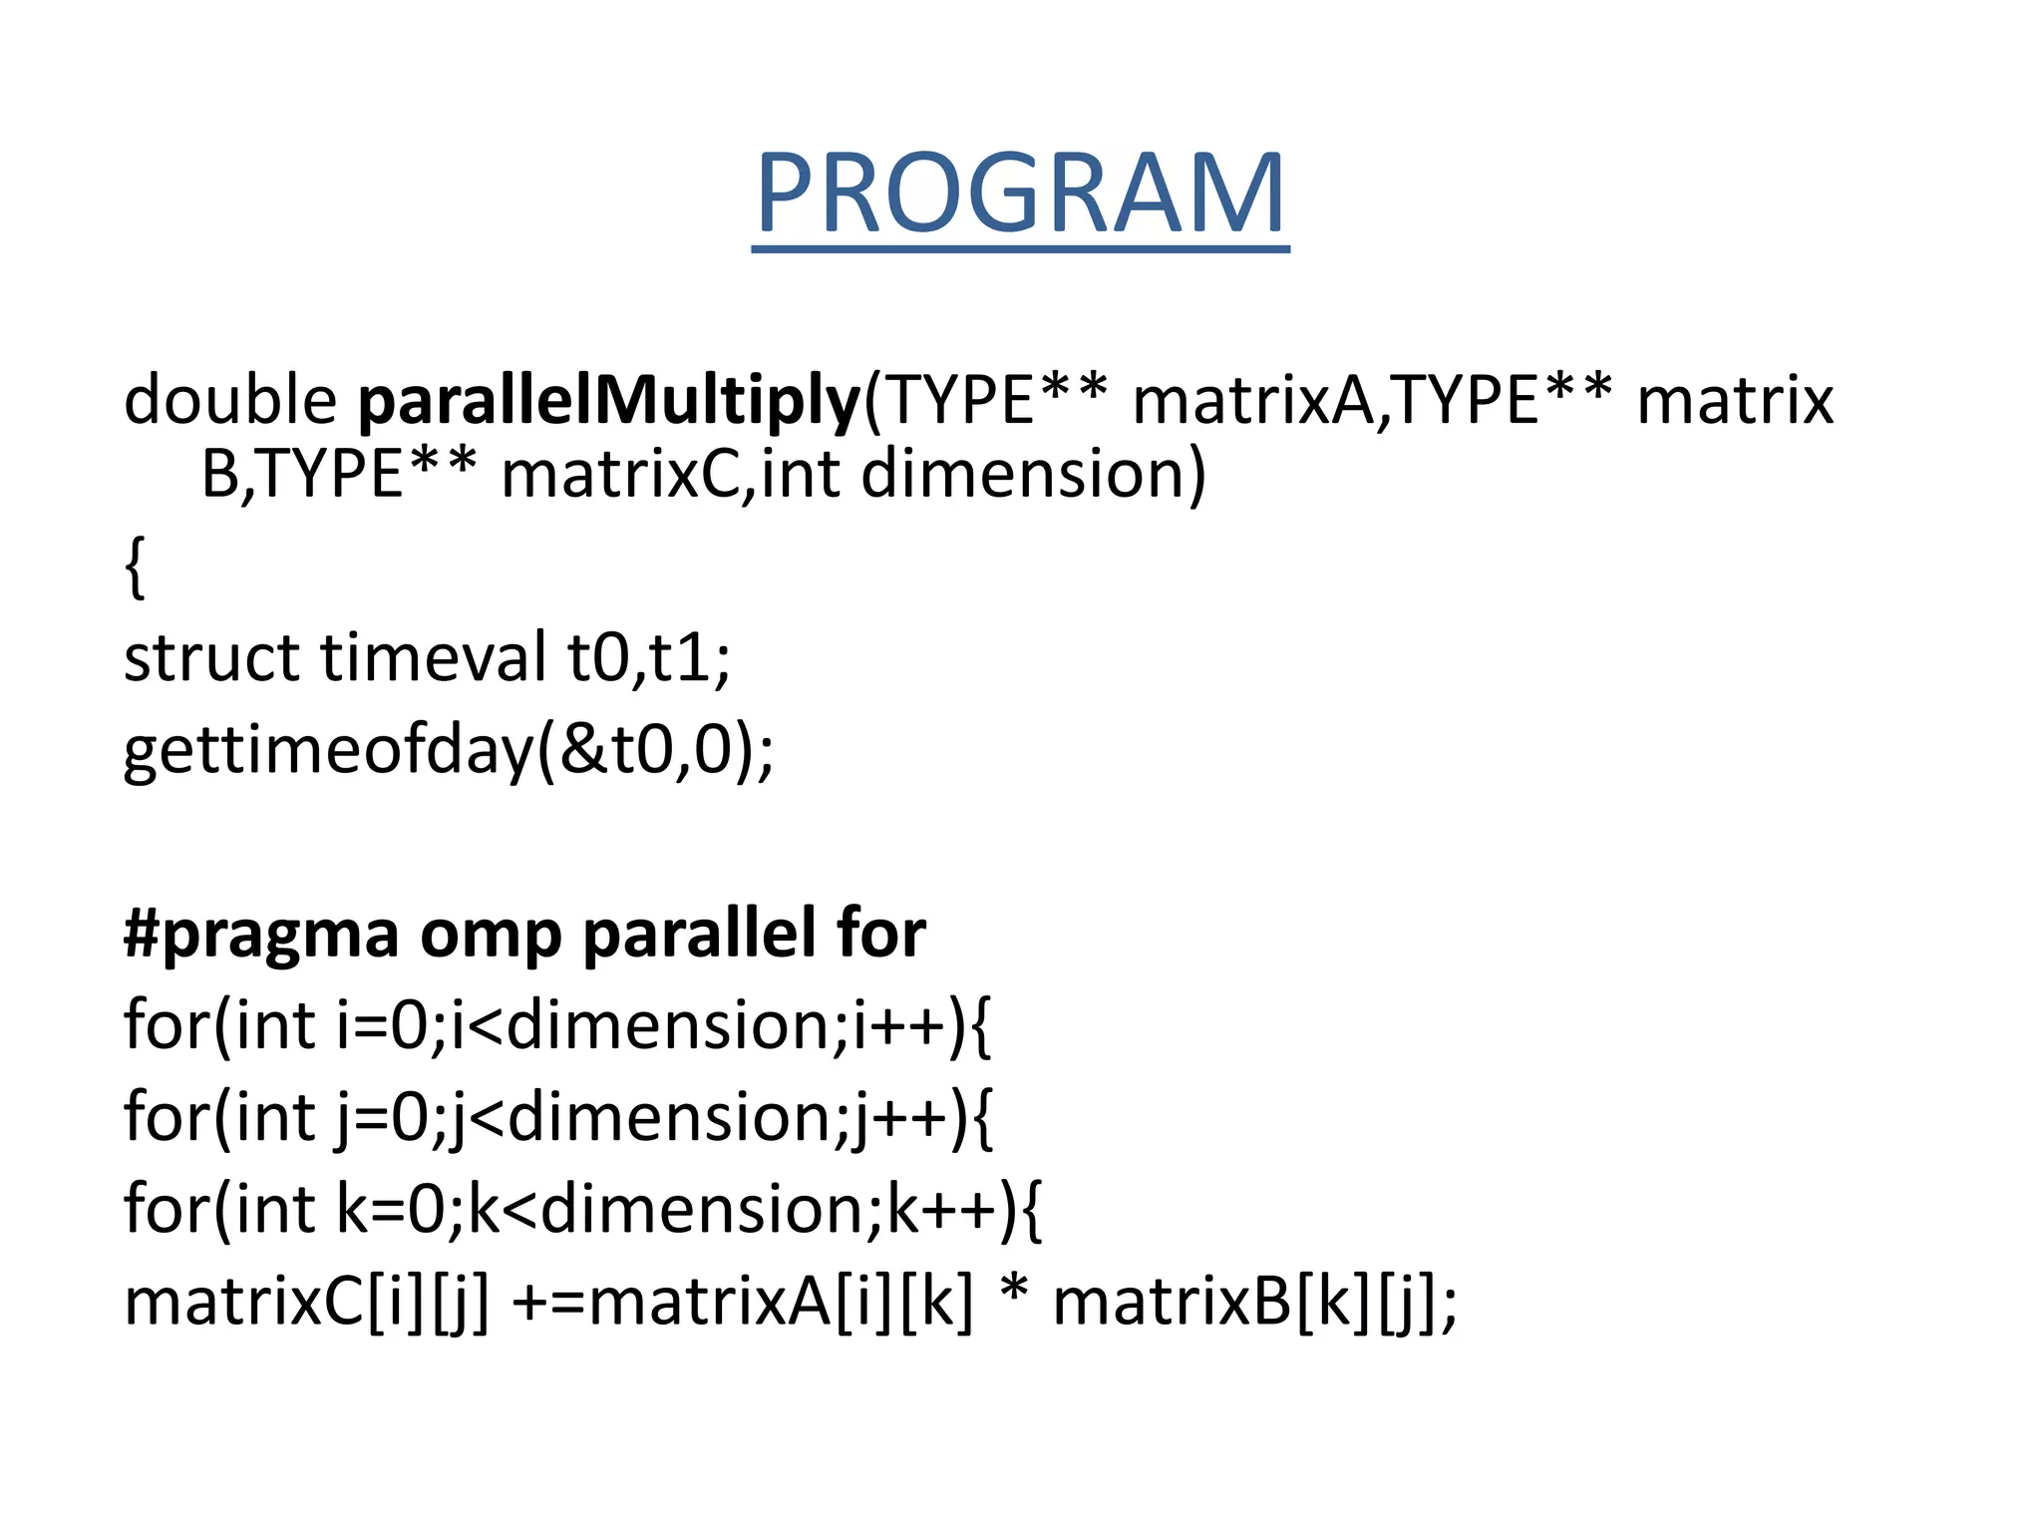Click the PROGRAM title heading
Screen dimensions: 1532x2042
[1020, 193]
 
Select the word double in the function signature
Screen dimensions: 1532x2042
[230, 400]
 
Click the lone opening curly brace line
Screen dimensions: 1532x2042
[136, 567]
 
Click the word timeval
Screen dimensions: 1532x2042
[433, 658]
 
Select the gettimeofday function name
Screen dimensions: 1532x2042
[329, 750]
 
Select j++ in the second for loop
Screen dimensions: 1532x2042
[901, 1117]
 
